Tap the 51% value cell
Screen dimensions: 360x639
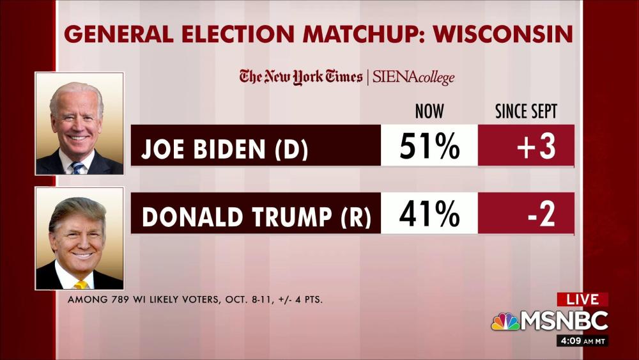click(429, 146)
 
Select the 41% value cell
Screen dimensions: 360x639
click(429, 214)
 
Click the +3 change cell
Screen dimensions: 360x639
click(526, 146)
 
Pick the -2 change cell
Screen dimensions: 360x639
click(526, 214)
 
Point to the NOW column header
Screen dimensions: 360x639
click(429, 112)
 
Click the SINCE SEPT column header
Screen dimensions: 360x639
click(526, 112)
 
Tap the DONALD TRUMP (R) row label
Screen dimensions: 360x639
click(256, 216)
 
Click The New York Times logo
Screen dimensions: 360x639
click(300, 77)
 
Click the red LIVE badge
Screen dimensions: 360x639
click(582, 299)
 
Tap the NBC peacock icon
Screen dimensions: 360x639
click(504, 321)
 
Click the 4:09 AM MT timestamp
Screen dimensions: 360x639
click(582, 341)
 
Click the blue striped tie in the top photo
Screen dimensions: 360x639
click(78, 168)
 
